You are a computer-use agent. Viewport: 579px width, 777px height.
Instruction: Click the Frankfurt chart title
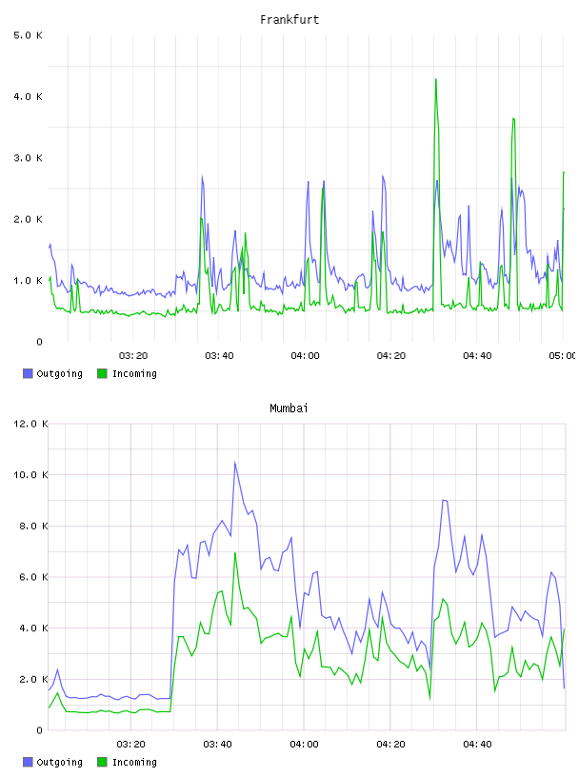click(289, 20)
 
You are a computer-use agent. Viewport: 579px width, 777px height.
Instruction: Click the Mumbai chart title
click(289, 408)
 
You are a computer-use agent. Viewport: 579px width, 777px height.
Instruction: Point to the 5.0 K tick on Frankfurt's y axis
click(29, 35)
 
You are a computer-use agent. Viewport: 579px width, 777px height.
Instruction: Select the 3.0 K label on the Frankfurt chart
click(29, 158)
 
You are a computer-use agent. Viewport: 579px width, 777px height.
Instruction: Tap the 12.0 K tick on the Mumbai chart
click(30, 424)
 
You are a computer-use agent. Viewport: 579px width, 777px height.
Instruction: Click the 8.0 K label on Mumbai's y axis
click(33, 526)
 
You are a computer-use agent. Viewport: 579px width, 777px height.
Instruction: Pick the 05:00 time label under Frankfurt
click(562, 356)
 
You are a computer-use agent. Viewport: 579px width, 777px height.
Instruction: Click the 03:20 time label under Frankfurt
click(133, 356)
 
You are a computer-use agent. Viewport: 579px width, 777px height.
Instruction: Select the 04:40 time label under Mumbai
click(477, 745)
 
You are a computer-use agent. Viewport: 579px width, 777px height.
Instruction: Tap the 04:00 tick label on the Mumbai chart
click(305, 745)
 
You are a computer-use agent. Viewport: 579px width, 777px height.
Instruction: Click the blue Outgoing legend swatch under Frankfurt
click(28, 373)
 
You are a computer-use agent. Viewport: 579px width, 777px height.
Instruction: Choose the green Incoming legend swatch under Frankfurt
click(102, 373)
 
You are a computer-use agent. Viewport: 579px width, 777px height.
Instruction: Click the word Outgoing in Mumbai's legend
click(59, 762)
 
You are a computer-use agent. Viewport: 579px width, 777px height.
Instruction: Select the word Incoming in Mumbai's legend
click(134, 762)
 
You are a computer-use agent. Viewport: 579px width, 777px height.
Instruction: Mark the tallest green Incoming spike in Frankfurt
click(436, 79)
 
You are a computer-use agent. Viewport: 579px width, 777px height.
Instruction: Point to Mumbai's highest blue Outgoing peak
click(235, 463)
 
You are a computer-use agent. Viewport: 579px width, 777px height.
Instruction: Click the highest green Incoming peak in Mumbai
click(235, 553)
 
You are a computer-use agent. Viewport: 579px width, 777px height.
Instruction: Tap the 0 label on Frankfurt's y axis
click(40, 342)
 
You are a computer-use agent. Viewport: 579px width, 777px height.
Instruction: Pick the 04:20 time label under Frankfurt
click(391, 356)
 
